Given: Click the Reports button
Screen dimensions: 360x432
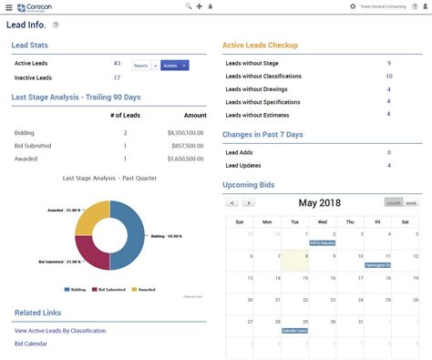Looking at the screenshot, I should (x=141, y=66).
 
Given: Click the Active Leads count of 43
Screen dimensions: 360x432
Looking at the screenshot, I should (x=117, y=64).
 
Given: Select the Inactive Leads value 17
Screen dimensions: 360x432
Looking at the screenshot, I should (x=117, y=77).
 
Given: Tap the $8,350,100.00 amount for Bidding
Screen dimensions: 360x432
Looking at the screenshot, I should (x=187, y=133).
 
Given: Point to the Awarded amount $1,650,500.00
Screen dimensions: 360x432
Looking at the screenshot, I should (x=187, y=159).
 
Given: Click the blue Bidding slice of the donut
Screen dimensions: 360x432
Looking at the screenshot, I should (x=128, y=237).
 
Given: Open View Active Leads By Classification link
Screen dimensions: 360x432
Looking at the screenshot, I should (x=60, y=331).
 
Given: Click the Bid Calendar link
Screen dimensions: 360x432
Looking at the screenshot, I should (x=31, y=344).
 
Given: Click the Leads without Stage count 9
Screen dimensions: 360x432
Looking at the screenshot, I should (x=389, y=63).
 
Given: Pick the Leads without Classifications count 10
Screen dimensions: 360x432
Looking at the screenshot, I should (x=389, y=76).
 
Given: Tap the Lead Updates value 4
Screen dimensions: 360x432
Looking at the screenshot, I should (x=389, y=165).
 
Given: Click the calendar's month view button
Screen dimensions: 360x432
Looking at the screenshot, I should (x=393, y=202).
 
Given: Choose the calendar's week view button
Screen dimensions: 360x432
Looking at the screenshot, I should (x=411, y=202).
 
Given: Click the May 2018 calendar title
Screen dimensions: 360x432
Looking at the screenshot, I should (x=318, y=202).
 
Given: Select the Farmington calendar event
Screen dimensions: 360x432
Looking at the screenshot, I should (x=375, y=265).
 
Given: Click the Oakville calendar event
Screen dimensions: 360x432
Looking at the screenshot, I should (x=293, y=331).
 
